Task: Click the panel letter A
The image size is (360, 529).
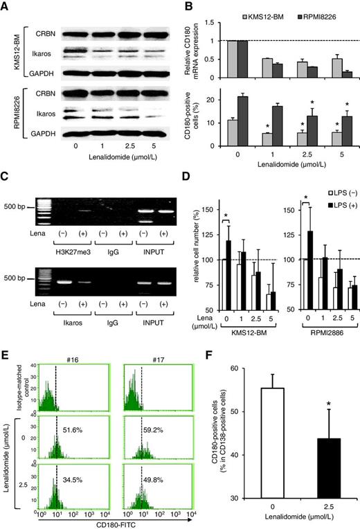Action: coord(6,6)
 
